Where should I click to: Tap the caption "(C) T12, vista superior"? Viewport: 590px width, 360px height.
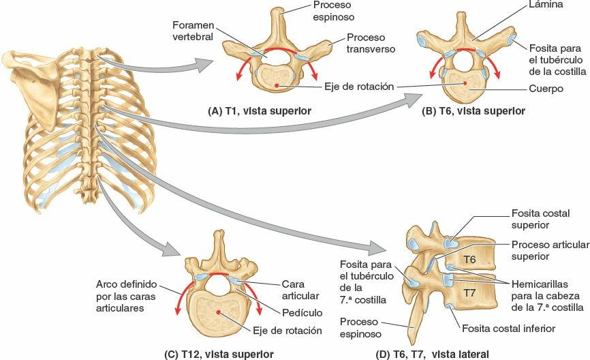pyautogui.click(x=219, y=354)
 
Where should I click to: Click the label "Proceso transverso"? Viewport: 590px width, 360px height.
pyautogui.click(x=369, y=43)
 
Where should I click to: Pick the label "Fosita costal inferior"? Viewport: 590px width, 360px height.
pyautogui.click(x=508, y=329)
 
